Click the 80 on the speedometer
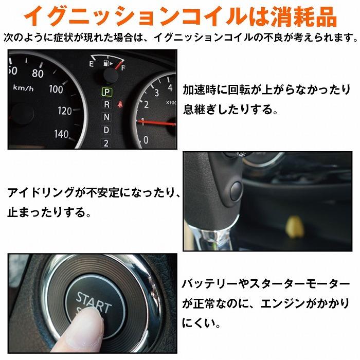(38, 74)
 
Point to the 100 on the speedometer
(56, 89)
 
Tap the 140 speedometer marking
(61, 135)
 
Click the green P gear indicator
(106, 93)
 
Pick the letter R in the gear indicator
(106, 105)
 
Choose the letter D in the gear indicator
(106, 130)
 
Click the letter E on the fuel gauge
(91, 64)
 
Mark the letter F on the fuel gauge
(122, 67)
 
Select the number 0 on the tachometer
(146, 139)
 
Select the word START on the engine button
(93, 301)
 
